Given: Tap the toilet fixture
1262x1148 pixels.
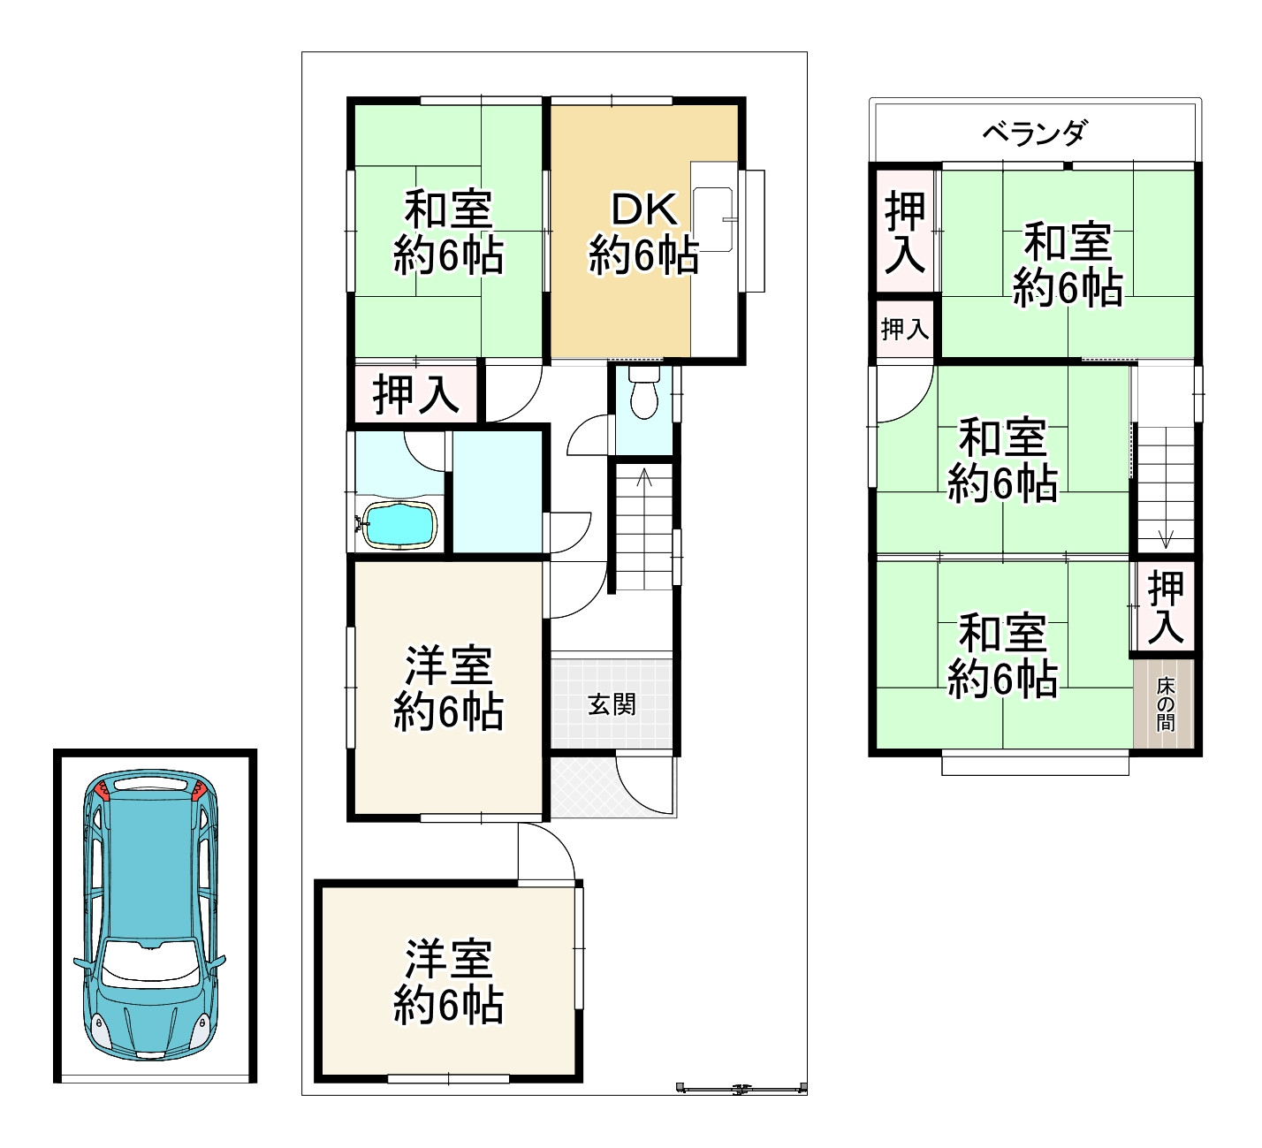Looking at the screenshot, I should click(642, 395).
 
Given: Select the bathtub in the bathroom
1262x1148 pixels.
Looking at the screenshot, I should click(400, 526).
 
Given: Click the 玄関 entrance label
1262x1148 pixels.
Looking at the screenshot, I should click(612, 704).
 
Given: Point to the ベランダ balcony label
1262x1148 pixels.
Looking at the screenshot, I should click(1034, 133).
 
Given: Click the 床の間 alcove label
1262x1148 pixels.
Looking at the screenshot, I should click(1166, 703).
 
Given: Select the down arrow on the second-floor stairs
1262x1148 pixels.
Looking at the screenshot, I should click(1166, 536).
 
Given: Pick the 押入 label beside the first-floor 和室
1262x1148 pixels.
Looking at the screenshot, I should click(416, 393).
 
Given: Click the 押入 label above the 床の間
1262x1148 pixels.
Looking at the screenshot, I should click(1166, 607).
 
